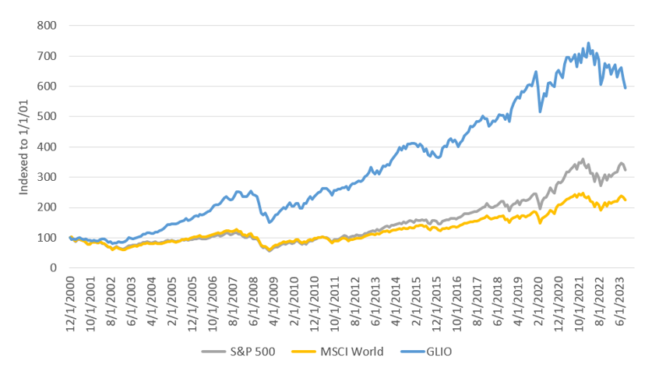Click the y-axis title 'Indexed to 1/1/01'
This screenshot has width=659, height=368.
[24, 147]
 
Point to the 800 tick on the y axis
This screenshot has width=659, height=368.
[48, 26]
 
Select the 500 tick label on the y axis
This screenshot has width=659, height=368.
[48, 116]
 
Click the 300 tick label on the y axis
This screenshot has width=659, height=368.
[48, 177]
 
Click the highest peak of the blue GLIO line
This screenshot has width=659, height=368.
[588, 43]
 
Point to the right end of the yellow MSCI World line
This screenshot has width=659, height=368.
[626, 200]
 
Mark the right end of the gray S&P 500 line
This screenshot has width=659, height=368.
[626, 170]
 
